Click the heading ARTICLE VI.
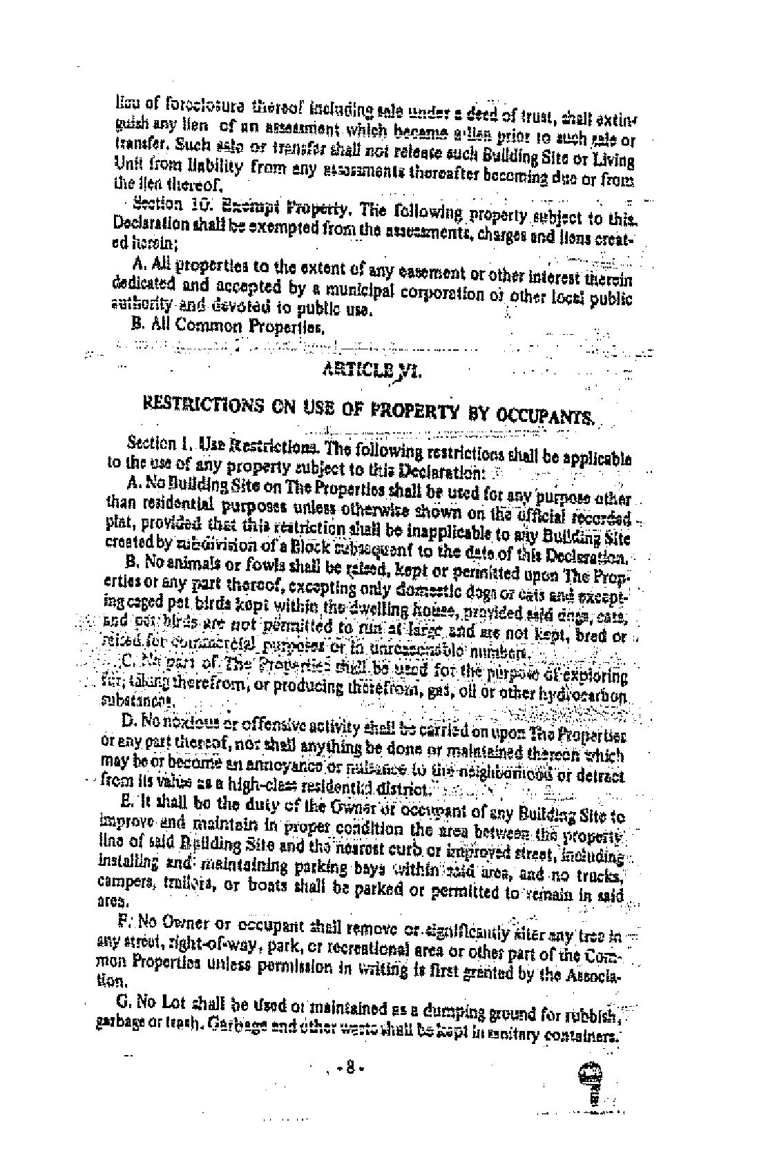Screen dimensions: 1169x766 coord(372,371)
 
